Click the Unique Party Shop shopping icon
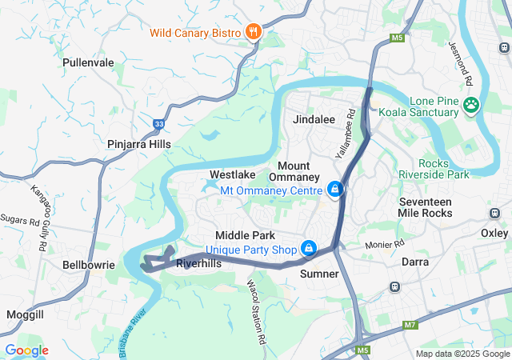click(x=308, y=249)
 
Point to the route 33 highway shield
click(x=159, y=124)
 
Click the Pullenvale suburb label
click(x=89, y=62)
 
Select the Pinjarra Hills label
click(x=139, y=144)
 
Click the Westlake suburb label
click(x=232, y=174)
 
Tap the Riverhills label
click(x=198, y=262)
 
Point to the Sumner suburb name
click(x=319, y=274)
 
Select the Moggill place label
click(x=25, y=314)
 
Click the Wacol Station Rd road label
click(x=255, y=301)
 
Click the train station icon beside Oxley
click(x=494, y=214)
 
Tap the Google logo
click(x=26, y=350)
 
